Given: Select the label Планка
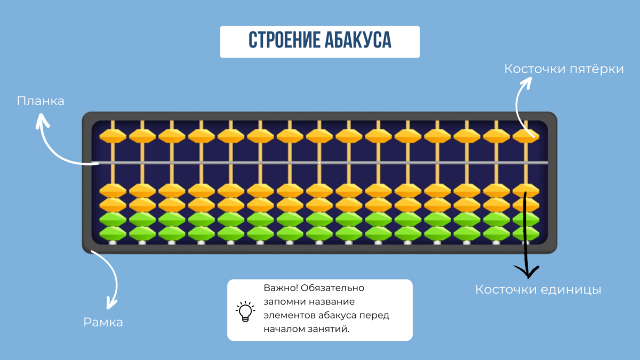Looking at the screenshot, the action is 41,101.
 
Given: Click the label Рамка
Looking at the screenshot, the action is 103,322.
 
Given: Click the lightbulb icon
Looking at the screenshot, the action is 245,311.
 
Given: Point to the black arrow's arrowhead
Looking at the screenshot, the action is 530,274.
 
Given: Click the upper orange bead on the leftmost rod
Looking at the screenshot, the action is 113,135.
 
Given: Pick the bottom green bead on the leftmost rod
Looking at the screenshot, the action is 113,233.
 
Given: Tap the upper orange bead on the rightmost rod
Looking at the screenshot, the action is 526,135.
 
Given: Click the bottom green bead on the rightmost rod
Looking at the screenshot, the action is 526,233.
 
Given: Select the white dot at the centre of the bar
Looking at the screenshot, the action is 319,162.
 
